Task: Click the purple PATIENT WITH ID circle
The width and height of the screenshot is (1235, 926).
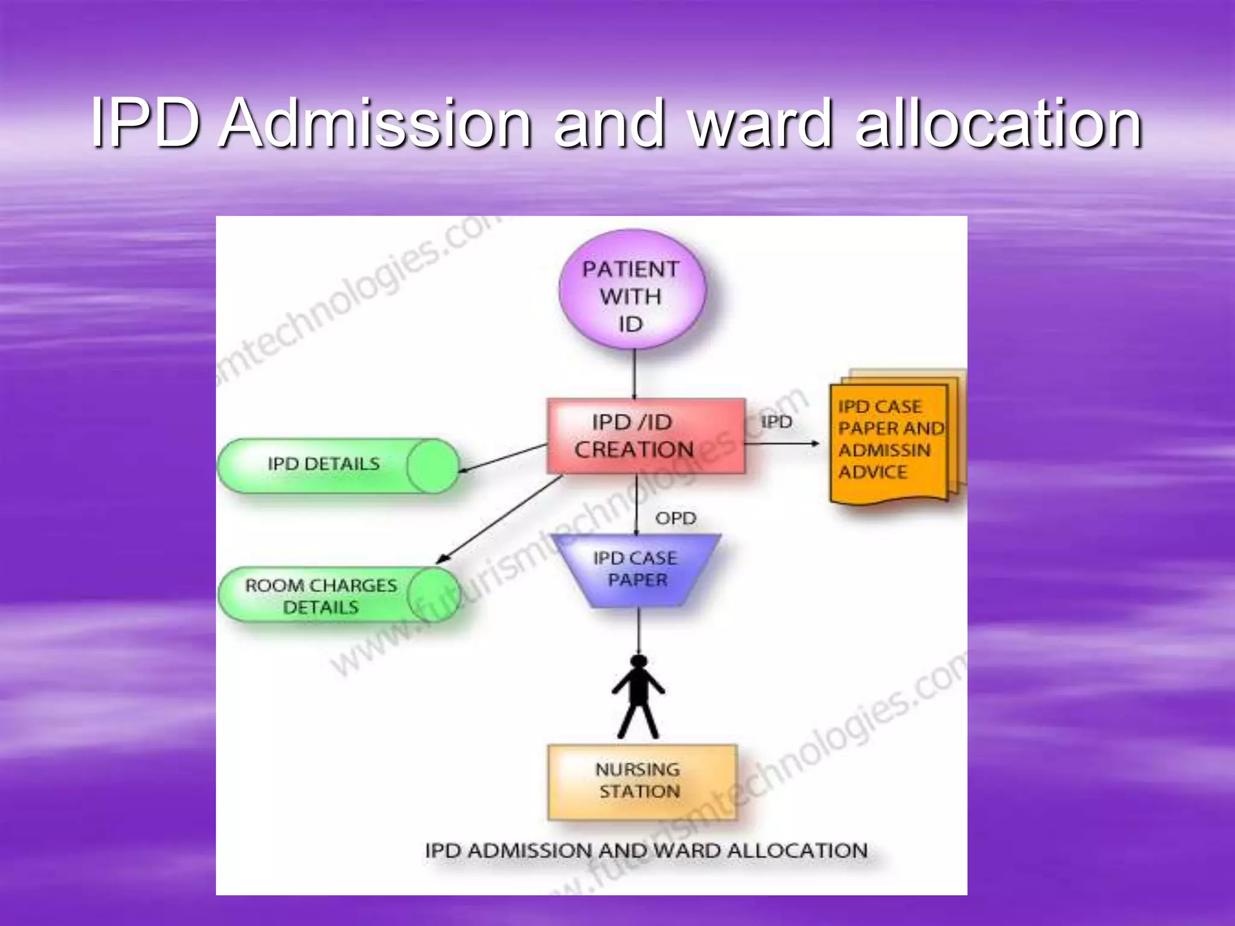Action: [632, 289]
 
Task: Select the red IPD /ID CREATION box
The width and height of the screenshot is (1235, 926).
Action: [646, 436]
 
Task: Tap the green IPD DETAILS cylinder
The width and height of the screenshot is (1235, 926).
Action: [338, 465]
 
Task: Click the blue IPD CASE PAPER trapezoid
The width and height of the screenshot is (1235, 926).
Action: [637, 570]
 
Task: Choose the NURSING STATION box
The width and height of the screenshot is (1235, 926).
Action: [642, 782]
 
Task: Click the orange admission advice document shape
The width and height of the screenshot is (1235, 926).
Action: [897, 437]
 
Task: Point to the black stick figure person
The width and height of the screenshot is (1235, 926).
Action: [639, 697]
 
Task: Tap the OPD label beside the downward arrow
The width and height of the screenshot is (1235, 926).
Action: [675, 518]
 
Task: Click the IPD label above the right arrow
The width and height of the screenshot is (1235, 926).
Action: [776, 422]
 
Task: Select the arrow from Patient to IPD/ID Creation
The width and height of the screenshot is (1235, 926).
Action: [634, 374]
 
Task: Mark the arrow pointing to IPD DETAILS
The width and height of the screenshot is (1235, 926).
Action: [502, 459]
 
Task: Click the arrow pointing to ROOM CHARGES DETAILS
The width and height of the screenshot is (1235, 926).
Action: [499, 519]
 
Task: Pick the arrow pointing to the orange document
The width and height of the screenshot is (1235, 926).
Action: [783, 444]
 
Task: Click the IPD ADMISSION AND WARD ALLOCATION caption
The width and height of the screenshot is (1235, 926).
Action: [646, 851]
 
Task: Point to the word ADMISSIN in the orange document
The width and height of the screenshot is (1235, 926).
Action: [884, 450]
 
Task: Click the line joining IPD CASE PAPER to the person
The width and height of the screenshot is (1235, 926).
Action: [639, 631]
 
